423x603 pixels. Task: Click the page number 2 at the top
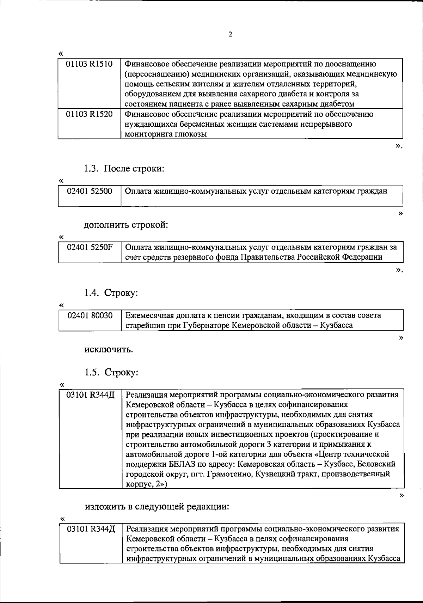coord(230,35)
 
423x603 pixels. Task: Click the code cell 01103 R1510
coord(90,64)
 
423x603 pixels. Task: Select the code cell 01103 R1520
coord(90,114)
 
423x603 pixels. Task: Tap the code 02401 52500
coord(90,191)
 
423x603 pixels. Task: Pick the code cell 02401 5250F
coord(90,247)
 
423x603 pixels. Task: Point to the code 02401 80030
coord(90,315)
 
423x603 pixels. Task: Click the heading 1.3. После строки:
coord(124,169)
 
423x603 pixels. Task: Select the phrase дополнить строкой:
coord(125,225)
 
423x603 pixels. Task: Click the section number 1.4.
coord(91,293)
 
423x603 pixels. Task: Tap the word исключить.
coord(109,350)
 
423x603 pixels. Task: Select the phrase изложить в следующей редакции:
coord(157,507)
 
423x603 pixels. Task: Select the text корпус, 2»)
coord(146,484)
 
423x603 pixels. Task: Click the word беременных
coord(199,124)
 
